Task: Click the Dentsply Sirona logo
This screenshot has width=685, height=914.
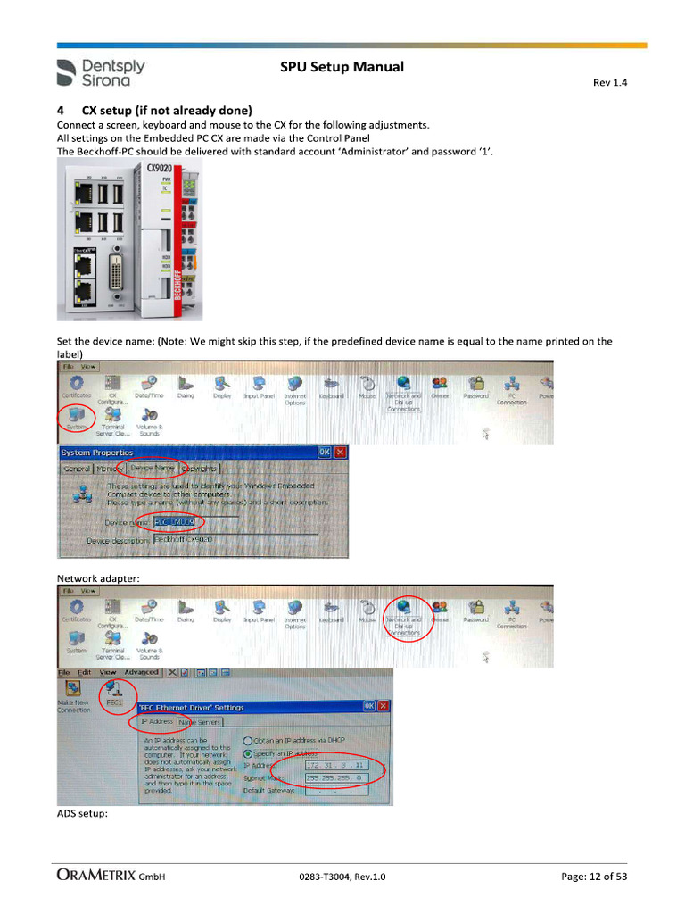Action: (100, 72)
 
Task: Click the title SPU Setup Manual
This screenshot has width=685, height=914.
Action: (342, 67)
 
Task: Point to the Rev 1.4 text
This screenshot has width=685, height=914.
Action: (610, 83)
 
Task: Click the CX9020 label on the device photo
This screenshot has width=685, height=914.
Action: (160, 169)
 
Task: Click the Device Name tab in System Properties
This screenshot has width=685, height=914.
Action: (153, 468)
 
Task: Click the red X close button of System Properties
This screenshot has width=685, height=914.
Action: (340, 453)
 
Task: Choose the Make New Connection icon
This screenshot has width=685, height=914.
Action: (73, 694)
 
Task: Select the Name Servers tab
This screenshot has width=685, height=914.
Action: (199, 721)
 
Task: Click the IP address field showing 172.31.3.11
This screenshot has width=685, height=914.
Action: (334, 765)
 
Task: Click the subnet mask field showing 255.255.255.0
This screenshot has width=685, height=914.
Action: (334, 777)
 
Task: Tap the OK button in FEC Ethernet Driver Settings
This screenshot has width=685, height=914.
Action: (368, 706)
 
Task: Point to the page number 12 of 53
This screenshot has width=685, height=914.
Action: (594, 877)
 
